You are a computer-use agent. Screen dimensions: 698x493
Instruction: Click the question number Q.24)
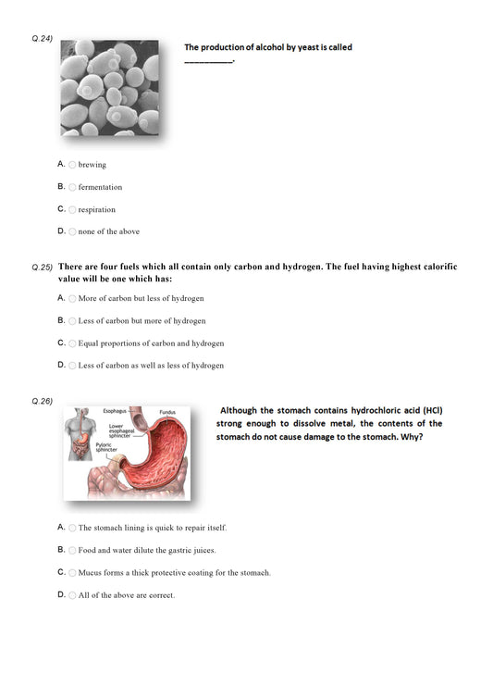[43, 39]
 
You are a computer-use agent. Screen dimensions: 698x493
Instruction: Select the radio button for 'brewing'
[72, 165]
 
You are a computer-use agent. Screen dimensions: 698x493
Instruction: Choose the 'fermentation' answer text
[100, 187]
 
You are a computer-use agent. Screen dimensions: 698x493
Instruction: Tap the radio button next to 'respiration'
[72, 209]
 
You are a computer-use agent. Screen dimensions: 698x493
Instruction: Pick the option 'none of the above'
[108, 231]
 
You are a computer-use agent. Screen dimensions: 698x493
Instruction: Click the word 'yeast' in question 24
[302, 47]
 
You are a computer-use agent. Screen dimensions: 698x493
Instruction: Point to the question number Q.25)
[43, 267]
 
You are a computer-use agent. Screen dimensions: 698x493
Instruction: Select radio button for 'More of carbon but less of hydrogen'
[72, 299]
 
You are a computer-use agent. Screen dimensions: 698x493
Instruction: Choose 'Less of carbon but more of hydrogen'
[142, 321]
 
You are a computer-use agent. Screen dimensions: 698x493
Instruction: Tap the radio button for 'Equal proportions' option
[72, 343]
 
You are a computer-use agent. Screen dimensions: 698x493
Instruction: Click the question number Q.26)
[43, 401]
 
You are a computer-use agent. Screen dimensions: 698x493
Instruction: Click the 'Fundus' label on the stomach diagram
[166, 412]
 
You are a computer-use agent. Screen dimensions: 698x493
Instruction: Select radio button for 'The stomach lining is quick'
[72, 528]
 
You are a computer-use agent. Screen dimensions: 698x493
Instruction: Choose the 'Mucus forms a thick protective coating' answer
[174, 573]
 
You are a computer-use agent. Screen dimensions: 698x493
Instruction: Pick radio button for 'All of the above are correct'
[72, 595]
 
